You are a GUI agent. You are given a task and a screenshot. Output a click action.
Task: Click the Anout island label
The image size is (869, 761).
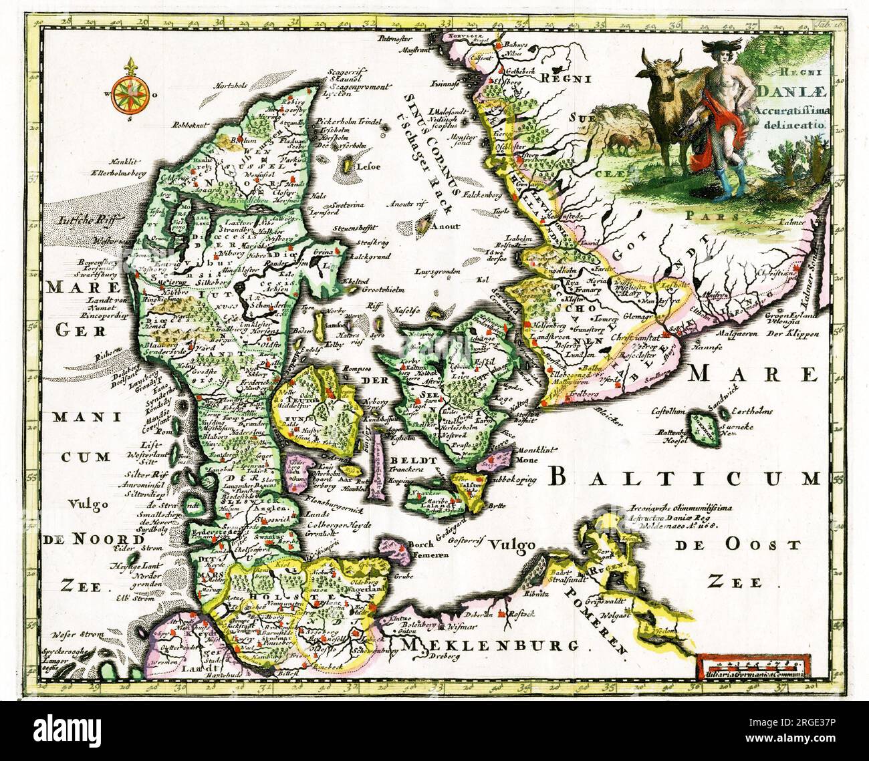click(x=445, y=226)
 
